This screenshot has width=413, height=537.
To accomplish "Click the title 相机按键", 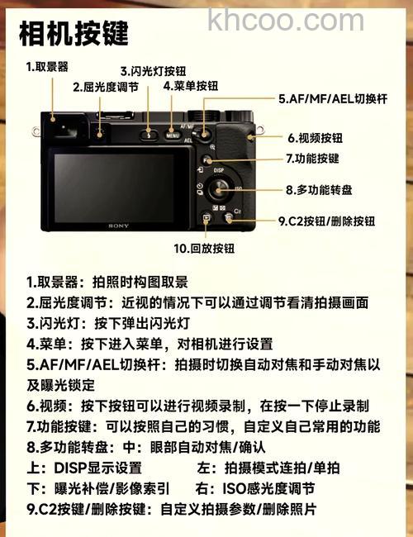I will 74,32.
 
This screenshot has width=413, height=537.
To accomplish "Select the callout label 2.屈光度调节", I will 106,86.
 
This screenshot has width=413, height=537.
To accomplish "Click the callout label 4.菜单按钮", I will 191,85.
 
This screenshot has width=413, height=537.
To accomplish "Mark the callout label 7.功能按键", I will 312,157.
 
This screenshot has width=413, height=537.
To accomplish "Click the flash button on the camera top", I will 150,132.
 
